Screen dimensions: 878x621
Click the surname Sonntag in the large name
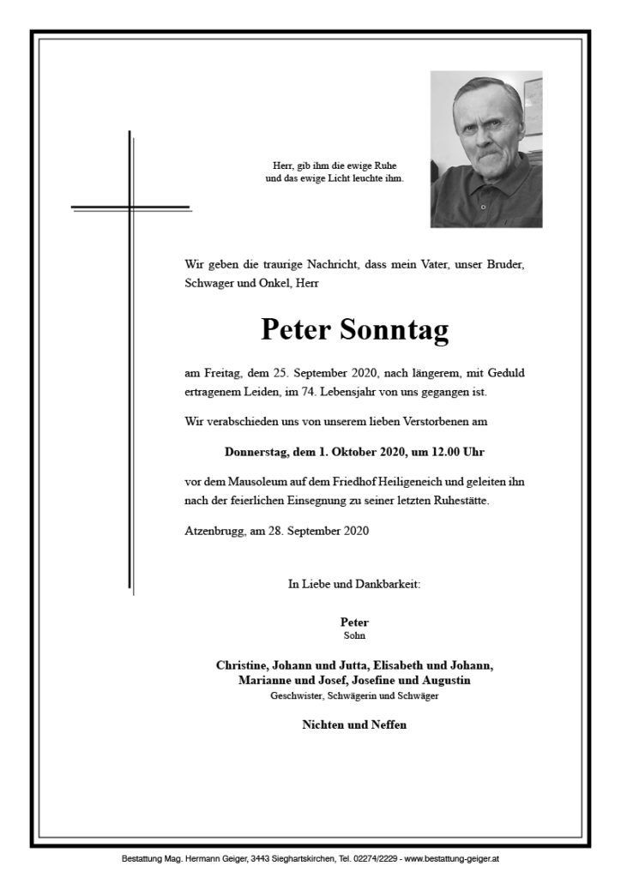click(395, 330)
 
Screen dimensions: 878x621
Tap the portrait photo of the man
click(486, 149)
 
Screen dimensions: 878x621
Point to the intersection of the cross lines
click(130, 207)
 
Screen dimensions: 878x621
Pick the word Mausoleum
click(254, 481)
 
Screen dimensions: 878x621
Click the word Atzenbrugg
click(214, 530)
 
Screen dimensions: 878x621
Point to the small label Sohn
click(354, 635)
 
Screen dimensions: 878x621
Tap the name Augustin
click(442, 681)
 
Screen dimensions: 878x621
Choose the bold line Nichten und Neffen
click(354, 725)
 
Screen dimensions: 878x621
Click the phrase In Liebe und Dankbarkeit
click(354, 585)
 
